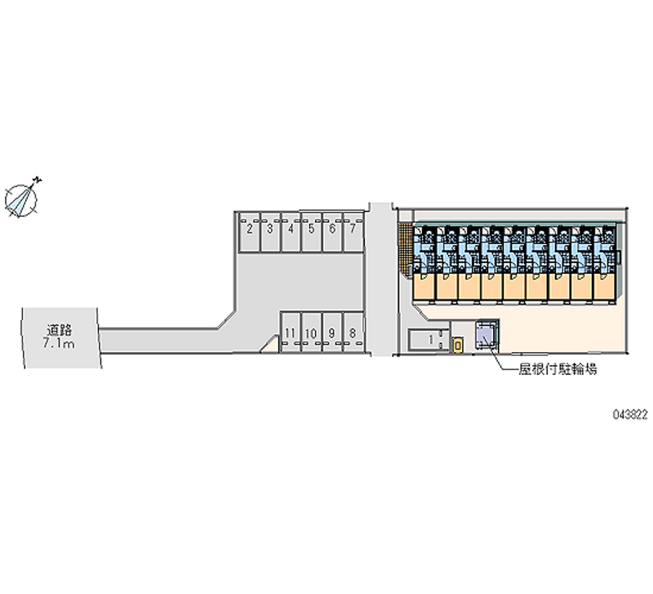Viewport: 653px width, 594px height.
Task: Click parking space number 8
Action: click(352, 333)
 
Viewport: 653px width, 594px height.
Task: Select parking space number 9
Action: click(331, 333)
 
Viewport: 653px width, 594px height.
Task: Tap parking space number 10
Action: click(311, 333)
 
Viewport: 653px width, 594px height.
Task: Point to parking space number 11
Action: click(290, 333)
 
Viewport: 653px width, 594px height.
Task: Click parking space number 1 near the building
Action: click(429, 340)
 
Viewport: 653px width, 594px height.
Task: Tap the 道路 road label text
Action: click(60, 330)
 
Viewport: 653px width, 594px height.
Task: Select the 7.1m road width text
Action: click(60, 345)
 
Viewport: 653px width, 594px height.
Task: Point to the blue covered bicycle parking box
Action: click(488, 333)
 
